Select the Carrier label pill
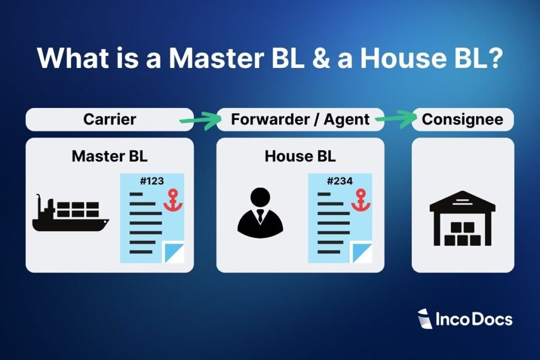(x=109, y=119)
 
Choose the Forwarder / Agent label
(x=300, y=119)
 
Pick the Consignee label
(x=462, y=119)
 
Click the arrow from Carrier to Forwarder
(x=201, y=121)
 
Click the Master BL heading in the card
(x=109, y=156)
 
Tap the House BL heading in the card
(x=300, y=156)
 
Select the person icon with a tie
(x=260, y=213)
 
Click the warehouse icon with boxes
(x=462, y=219)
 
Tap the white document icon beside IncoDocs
(x=425, y=319)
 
